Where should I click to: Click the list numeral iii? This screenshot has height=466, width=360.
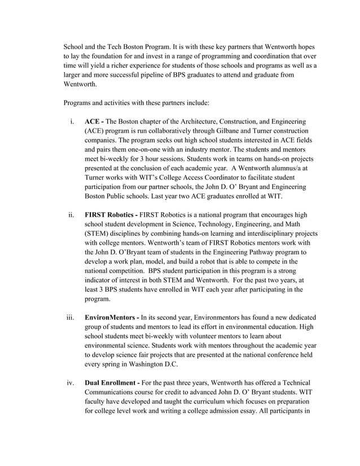coord(71,318)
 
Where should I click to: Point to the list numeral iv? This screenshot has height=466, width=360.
coord(71,384)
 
